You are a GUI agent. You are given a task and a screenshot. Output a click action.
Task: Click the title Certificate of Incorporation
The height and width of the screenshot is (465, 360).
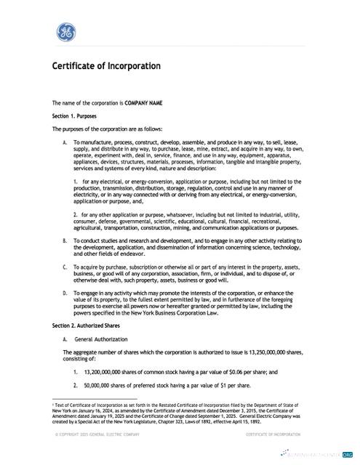106,67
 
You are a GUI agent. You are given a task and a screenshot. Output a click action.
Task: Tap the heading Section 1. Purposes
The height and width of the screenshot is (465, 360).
74,116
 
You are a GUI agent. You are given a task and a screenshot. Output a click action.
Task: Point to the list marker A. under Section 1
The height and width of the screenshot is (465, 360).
65,142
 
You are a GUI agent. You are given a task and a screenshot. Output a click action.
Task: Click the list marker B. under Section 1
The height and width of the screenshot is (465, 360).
65,240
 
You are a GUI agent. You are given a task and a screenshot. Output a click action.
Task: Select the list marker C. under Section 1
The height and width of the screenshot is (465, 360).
65,267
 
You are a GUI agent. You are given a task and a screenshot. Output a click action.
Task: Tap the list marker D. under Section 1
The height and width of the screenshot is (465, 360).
65,293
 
